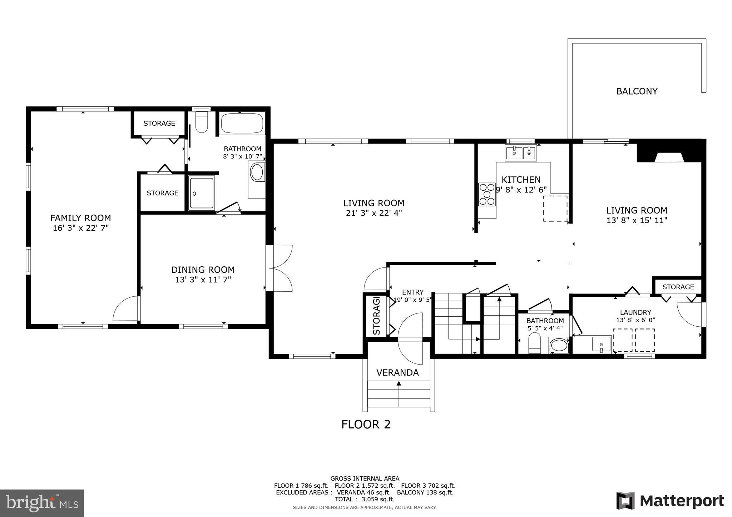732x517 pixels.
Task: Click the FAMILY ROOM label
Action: (80, 218)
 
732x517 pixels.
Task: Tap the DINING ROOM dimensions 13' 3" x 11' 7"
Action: (203, 280)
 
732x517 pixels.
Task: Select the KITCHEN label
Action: (521, 180)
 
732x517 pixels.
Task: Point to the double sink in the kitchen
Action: (521, 153)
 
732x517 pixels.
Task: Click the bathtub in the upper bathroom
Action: (242, 123)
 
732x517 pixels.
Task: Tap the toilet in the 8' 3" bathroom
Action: (202, 122)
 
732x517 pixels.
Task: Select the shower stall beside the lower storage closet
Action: (202, 193)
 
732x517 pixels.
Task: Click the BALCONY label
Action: (637, 91)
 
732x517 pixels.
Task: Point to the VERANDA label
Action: (397, 373)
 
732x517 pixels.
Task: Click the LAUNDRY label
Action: (635, 312)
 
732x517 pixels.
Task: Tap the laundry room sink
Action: (601, 344)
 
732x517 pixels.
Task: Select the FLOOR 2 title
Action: (366, 425)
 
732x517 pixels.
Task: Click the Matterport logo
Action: (670, 501)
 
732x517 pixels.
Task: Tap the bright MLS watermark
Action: (42, 503)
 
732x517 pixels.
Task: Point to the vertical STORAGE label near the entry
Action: (376, 316)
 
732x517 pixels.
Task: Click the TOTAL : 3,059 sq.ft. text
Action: (365, 499)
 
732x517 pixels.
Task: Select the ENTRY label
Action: (412, 292)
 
